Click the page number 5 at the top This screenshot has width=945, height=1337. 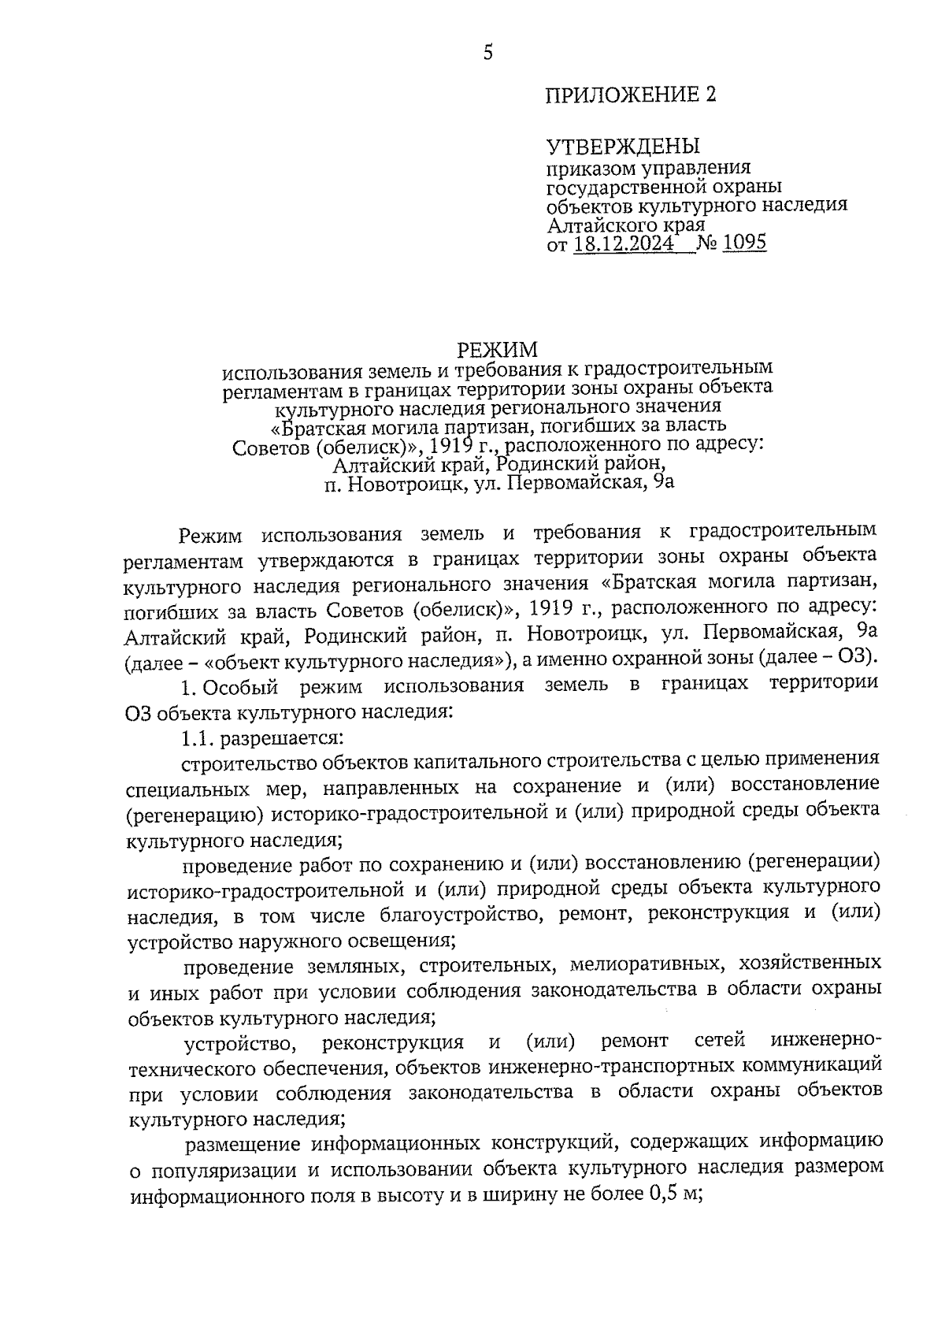[x=487, y=53]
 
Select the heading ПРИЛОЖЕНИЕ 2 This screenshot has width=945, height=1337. [x=632, y=95]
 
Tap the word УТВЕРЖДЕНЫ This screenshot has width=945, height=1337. [x=623, y=147]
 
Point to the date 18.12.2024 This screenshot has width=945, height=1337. [x=624, y=243]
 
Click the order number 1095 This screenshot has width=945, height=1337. [x=744, y=243]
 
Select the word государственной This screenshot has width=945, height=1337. [x=632, y=187]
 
